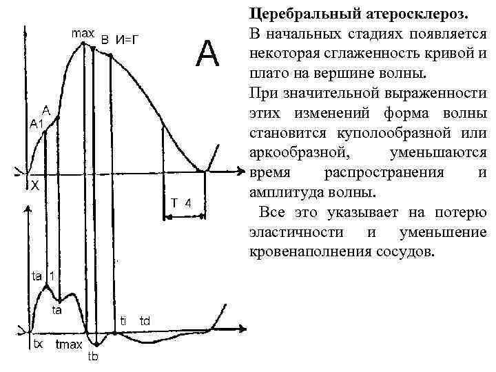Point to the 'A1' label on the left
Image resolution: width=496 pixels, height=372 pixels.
36,123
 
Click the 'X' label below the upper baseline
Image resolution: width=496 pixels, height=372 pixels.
34,185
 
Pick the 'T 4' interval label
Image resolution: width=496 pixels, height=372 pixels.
182,202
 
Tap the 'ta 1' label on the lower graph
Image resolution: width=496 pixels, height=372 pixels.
43,276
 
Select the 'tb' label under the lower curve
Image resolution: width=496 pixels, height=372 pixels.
94,356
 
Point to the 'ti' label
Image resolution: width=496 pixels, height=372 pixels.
123,320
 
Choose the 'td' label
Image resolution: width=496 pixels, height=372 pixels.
145,320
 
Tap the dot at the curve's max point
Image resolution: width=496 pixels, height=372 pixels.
84,43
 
